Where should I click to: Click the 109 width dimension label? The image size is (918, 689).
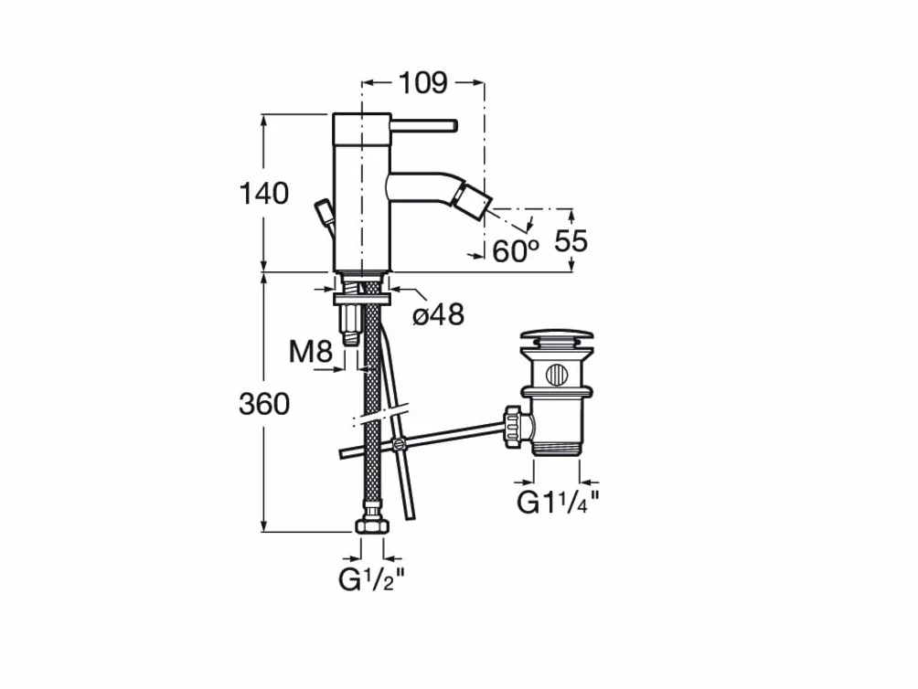422,83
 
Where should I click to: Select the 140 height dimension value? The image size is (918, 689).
264,193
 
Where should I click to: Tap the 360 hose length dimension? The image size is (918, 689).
264,404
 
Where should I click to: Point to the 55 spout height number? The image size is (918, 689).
571,240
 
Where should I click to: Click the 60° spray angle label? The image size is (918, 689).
515,251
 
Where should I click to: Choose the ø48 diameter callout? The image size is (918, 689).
439,314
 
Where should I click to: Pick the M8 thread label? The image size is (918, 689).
311,352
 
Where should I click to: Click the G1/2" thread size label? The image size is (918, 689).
371,579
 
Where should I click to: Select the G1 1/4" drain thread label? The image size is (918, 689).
558,502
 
